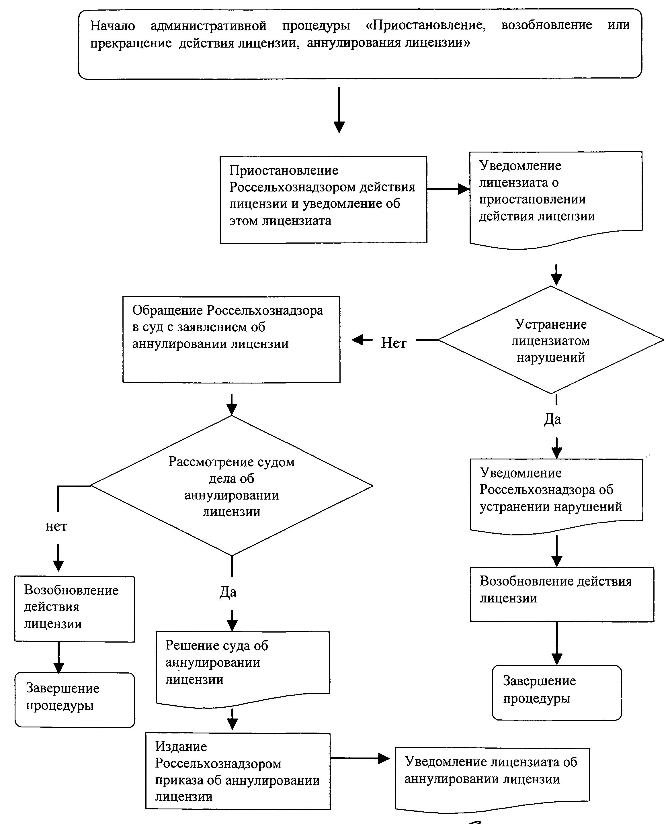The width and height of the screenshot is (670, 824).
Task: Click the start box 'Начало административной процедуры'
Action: tap(360, 44)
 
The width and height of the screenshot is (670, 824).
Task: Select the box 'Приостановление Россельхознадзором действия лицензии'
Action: tap(323, 199)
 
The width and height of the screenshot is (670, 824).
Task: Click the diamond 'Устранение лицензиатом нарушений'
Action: tap(551, 340)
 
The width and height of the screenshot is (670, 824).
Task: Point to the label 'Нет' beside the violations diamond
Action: tap(394, 342)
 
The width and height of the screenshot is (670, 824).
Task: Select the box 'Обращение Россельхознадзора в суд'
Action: tap(231, 339)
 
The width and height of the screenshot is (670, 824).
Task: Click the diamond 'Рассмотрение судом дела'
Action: tap(232, 485)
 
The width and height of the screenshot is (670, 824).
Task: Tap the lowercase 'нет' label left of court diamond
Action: tap(56, 527)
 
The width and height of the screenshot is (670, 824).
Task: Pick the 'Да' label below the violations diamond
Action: tap(552, 419)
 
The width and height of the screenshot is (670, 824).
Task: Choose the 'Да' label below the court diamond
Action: tap(228, 592)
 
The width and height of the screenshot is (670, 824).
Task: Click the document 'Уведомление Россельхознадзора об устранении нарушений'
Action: tap(556, 496)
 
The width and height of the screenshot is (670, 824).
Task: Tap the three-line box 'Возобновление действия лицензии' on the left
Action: tap(75, 609)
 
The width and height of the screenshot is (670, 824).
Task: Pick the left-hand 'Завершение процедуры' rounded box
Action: tap(75, 700)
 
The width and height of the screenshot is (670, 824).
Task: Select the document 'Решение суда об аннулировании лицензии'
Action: tap(243, 669)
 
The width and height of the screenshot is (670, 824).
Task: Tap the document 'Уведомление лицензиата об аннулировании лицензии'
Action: tap(492, 780)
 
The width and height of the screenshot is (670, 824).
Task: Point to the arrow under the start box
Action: tap(339, 110)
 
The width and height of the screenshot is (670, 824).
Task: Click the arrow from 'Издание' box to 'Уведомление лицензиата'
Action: tap(360, 758)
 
